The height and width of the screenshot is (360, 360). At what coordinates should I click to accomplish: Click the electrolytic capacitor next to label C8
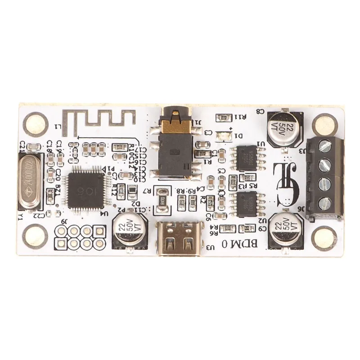[x=283, y=127]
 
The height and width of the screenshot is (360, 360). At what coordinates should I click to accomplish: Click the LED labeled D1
[x=223, y=135]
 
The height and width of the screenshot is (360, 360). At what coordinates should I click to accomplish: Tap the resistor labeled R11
[x=223, y=117]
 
